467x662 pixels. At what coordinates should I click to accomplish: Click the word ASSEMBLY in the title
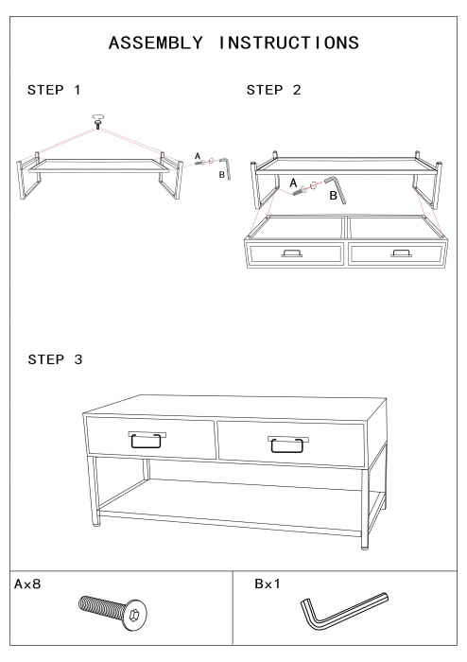pos(156,44)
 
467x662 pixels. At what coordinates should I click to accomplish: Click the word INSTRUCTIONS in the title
pos(289,44)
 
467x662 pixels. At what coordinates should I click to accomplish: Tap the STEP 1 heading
pos(54,90)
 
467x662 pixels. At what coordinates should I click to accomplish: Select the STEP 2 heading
pos(274,90)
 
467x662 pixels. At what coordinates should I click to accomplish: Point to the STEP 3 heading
pos(55,359)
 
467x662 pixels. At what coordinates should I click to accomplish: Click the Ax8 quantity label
pos(27,584)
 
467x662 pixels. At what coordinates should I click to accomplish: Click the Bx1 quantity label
pos(268,584)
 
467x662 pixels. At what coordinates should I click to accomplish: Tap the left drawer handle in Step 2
pos(291,253)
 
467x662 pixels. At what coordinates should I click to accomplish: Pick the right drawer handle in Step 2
pos(401,253)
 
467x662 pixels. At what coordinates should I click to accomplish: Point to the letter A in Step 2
pos(293,183)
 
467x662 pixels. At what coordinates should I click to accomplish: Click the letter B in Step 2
pos(334,196)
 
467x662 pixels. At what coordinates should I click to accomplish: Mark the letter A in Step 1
pos(198,157)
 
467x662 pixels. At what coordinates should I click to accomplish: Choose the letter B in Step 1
pos(221,174)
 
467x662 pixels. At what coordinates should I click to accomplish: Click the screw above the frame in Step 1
pos(98,121)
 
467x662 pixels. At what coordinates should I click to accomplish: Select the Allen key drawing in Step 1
pos(228,167)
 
